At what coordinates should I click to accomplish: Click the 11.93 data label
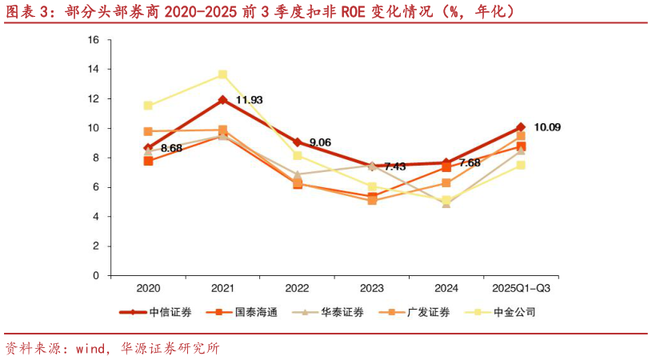(249, 100)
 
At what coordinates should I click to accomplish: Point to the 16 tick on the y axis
(94, 39)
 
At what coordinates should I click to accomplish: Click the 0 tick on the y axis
(96, 275)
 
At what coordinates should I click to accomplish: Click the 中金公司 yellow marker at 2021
(223, 74)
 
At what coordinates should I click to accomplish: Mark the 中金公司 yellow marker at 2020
(148, 106)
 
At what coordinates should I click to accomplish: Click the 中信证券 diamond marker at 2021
(223, 100)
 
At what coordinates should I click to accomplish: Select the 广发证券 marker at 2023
(372, 200)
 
